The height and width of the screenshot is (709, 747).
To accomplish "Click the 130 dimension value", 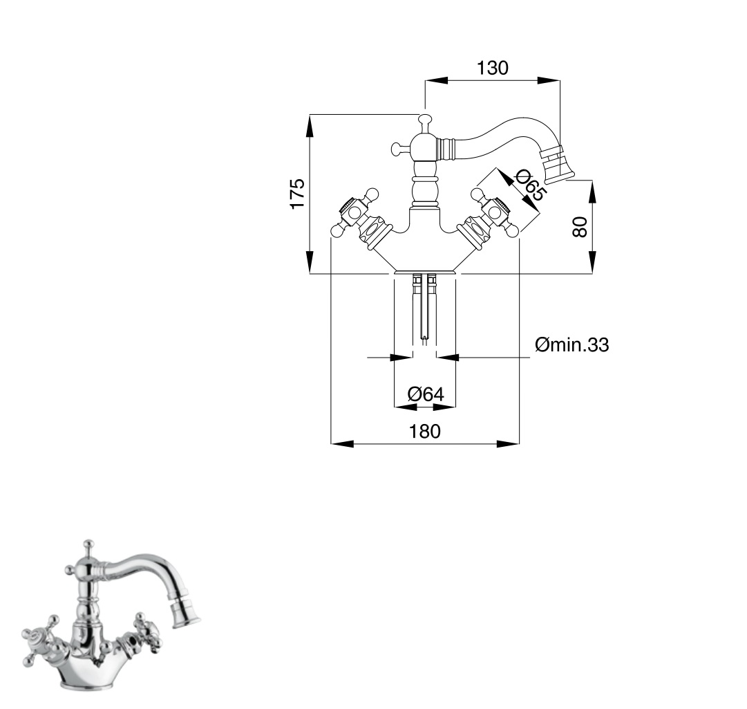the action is pyautogui.click(x=493, y=68).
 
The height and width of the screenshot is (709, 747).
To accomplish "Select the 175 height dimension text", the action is pyautogui.click(x=298, y=193).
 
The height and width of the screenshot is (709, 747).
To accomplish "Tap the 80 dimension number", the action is pyautogui.click(x=580, y=227).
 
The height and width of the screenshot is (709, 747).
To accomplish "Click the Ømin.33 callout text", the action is pyautogui.click(x=571, y=344).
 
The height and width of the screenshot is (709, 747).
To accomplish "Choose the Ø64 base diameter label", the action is pyautogui.click(x=426, y=394).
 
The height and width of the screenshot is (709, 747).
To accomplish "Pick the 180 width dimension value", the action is pyautogui.click(x=425, y=431).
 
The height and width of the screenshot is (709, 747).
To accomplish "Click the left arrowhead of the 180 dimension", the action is pyautogui.click(x=342, y=443).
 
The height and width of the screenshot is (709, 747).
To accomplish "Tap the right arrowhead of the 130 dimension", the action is pyautogui.click(x=549, y=80).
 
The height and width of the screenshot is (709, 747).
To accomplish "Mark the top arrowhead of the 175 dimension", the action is pyautogui.click(x=310, y=126).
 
